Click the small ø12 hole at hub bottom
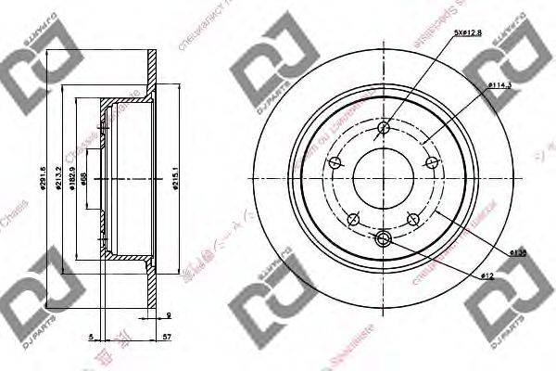pyautogui.click(x=385, y=240)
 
